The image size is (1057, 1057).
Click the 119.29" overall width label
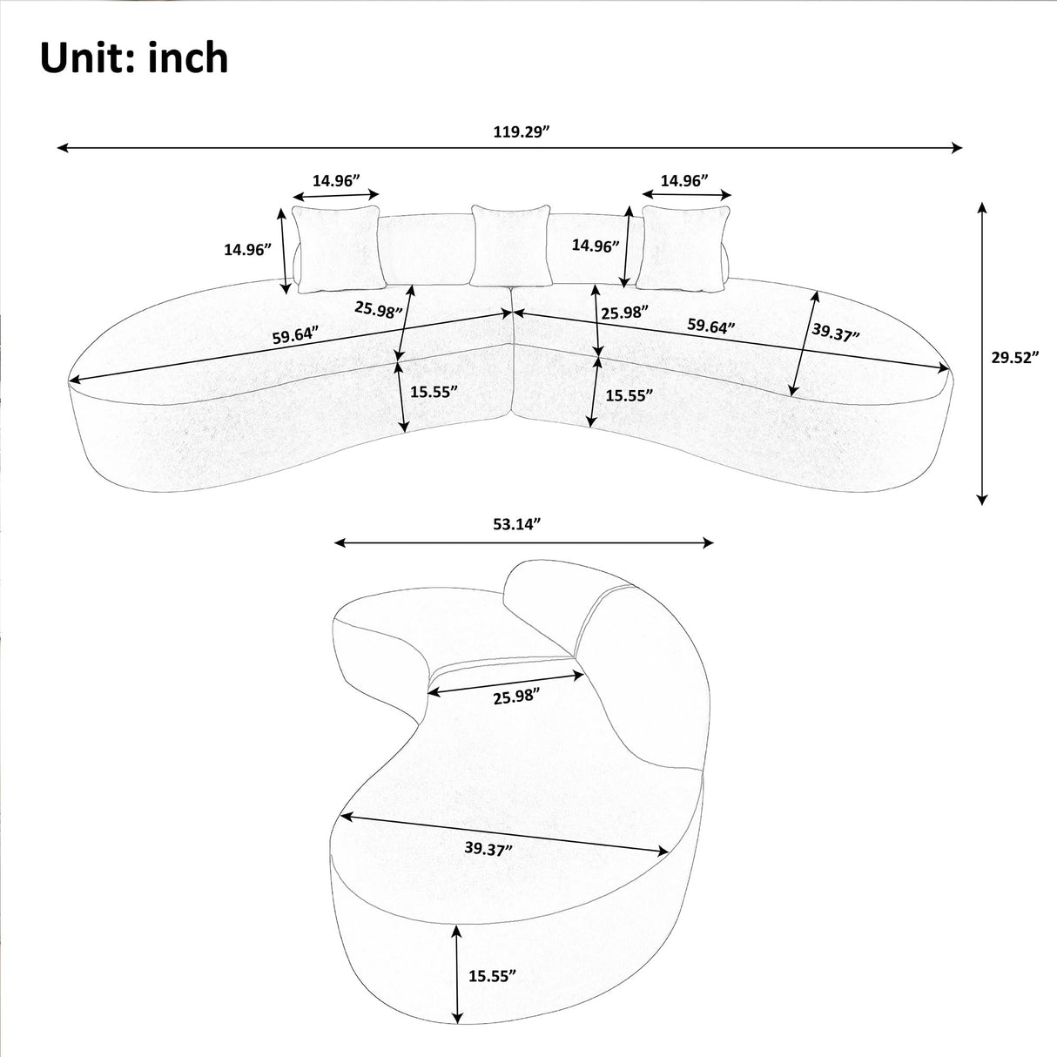(x=523, y=132)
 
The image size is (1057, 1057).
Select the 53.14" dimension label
(x=511, y=523)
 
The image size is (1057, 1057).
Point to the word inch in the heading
(x=188, y=58)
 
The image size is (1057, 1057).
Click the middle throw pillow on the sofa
(x=510, y=245)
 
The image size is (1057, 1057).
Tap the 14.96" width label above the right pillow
(x=683, y=180)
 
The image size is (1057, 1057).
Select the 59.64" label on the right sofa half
(x=711, y=327)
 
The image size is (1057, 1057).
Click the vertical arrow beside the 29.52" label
(x=982, y=353)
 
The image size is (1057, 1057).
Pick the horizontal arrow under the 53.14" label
(x=523, y=543)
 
